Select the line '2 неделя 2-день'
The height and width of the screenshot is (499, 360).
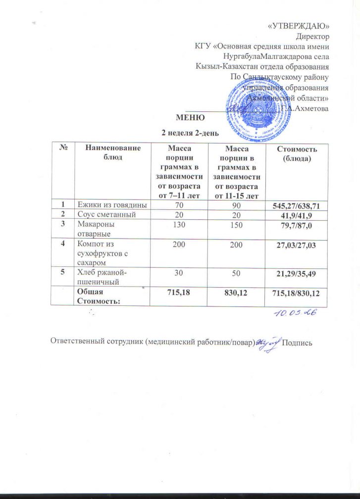pyautogui.click(x=188, y=133)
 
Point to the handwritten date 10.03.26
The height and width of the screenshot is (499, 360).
pyautogui.click(x=292, y=313)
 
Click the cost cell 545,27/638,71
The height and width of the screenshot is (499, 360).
pyautogui.click(x=297, y=204)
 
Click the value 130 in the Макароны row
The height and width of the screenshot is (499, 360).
pyautogui.click(x=180, y=224)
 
